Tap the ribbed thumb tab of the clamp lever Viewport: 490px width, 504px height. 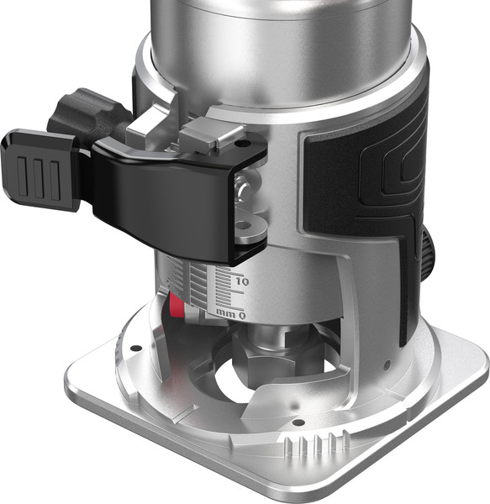click(40, 171)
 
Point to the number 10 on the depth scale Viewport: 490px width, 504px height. click(242, 282)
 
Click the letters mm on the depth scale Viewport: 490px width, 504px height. click(226, 312)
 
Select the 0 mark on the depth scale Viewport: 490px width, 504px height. click(242, 315)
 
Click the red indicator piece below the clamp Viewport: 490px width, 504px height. click(176, 306)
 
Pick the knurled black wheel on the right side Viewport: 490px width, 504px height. click(426, 254)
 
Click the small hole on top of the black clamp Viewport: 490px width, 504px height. click(239, 144)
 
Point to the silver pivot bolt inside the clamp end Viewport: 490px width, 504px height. click(243, 187)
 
